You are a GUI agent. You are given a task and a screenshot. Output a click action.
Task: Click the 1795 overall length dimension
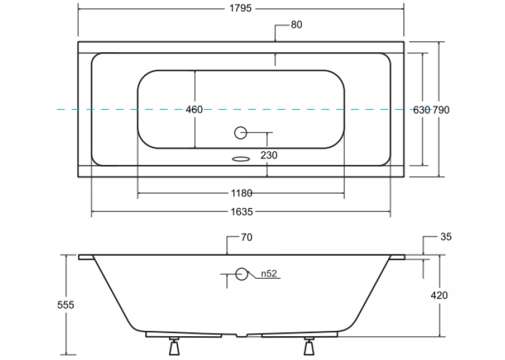(x=240, y=8)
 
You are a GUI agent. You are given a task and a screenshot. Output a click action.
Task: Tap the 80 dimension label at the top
(x=296, y=25)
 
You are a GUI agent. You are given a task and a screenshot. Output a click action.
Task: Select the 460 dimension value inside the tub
(x=194, y=110)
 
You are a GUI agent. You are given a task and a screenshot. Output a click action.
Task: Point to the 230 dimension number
(x=269, y=155)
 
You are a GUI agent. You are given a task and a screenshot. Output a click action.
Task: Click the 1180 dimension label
(x=242, y=193)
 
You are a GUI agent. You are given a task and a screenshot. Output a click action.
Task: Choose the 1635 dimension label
(x=242, y=212)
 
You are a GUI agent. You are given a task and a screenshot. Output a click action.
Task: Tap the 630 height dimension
(x=422, y=110)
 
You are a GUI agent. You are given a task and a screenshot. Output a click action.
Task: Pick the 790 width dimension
(x=441, y=110)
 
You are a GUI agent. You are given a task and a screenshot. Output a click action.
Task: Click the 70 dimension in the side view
(x=247, y=238)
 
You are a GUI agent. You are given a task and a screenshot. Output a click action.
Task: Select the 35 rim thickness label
(x=446, y=237)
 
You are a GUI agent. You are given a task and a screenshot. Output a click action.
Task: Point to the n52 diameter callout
(x=269, y=273)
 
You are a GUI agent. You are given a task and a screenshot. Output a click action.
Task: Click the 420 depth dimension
(x=439, y=295)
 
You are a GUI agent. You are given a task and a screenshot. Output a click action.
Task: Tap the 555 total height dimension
(x=66, y=305)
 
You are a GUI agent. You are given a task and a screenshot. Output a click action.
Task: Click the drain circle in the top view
(x=240, y=133)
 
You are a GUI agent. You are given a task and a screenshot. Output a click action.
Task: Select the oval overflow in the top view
(x=241, y=159)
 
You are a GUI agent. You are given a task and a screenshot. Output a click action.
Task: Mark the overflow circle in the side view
(x=241, y=274)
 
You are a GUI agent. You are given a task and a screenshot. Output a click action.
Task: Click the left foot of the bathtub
(x=174, y=347)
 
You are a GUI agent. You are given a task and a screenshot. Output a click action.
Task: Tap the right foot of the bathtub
(x=309, y=347)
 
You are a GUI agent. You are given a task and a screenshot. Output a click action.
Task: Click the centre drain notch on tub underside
(x=242, y=336)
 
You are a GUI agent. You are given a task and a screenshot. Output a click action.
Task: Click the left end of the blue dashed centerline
(x=57, y=110)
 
